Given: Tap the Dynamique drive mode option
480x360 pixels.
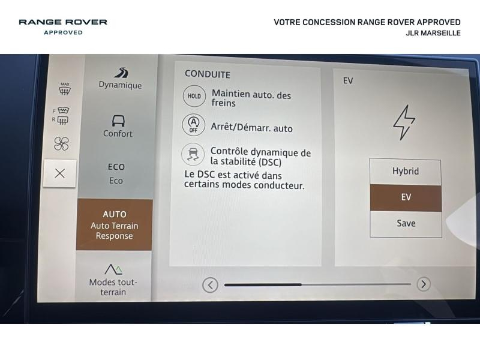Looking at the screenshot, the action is (x=121, y=79).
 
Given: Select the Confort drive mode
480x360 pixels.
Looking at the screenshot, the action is (x=118, y=126).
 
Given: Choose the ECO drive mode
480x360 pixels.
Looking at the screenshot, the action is (x=116, y=173).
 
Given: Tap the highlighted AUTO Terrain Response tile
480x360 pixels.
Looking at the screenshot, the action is (x=114, y=224).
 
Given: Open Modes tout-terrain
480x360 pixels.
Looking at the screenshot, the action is (x=113, y=280).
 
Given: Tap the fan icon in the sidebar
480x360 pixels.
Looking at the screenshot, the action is (x=61, y=143).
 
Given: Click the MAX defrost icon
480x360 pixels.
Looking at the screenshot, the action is (x=65, y=88).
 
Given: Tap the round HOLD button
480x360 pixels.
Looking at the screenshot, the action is (x=194, y=96).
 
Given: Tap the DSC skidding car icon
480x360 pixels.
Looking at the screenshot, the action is (x=193, y=154).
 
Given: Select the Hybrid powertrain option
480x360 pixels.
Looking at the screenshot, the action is (x=406, y=171).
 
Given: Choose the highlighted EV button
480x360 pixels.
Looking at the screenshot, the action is (x=406, y=197).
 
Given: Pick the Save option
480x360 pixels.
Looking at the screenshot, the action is (x=406, y=223).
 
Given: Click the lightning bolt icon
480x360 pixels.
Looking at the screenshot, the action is (x=404, y=122).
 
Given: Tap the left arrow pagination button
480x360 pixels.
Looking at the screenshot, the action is (x=211, y=285).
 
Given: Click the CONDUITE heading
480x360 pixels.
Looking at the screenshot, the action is (x=208, y=74).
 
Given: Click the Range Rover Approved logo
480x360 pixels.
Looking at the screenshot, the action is (x=63, y=26).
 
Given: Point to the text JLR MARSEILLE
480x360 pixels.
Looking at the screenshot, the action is (x=433, y=33).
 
